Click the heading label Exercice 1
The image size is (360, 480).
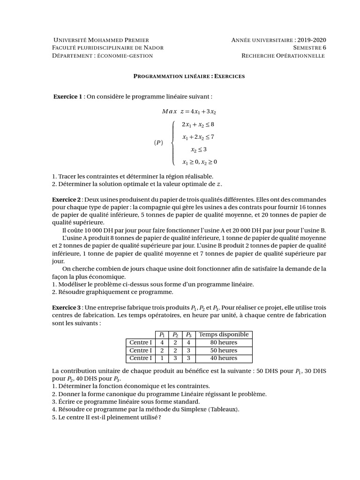tap(68, 97)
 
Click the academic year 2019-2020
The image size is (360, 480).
tap(312, 40)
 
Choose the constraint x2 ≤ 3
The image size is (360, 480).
tap(199, 150)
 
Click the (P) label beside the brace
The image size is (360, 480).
tap(158, 143)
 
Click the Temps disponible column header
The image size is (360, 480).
tap(224, 335)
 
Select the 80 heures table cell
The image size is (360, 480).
tap(224, 343)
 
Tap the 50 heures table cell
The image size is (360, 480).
tap(224, 351)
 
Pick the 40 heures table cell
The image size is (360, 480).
tap(224, 359)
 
